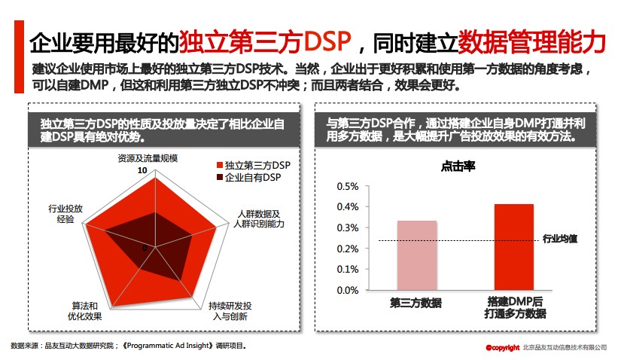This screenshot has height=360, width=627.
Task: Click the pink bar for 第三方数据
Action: (416, 255)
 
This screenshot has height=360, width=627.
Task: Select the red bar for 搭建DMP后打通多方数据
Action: (513, 247)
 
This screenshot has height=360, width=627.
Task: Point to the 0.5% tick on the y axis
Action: (347, 186)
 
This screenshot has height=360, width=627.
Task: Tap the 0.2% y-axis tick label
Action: (347, 249)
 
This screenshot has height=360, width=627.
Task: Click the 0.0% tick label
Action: (347, 290)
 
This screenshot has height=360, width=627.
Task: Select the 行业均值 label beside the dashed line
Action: (560, 239)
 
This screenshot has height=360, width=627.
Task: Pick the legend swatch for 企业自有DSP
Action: (219, 178)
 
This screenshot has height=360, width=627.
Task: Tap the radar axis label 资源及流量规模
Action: (148, 158)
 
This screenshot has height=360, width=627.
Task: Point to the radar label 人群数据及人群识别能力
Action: (258, 219)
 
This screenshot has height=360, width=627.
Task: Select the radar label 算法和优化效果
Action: (84, 311)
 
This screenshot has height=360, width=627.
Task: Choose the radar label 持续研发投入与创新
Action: (230, 311)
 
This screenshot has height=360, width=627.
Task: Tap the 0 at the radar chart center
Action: (145, 247)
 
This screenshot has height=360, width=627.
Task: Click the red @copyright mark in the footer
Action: (502, 347)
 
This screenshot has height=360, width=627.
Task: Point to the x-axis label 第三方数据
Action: (415, 303)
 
